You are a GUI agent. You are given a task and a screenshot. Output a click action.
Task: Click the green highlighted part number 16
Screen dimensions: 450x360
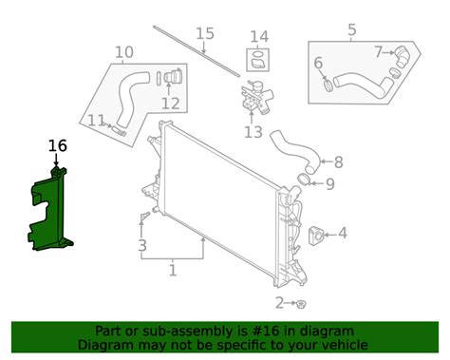(50, 212)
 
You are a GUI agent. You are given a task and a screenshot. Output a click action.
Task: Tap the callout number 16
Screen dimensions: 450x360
(57, 146)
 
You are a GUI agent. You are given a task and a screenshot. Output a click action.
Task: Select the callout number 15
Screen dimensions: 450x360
(205, 33)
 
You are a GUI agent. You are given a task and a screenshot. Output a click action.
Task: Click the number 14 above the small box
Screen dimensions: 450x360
(259, 37)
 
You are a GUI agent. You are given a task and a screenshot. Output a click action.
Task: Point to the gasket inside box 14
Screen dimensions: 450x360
(258, 60)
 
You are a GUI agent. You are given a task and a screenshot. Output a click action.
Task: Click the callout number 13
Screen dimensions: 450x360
(253, 132)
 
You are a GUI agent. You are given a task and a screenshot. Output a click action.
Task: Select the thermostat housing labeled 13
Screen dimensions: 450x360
(257, 97)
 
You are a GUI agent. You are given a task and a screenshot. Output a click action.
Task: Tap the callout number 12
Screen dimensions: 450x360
(171, 104)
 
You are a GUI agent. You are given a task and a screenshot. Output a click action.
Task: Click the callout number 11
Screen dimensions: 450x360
(96, 121)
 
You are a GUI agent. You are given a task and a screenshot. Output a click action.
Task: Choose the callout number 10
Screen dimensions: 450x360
(123, 52)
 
